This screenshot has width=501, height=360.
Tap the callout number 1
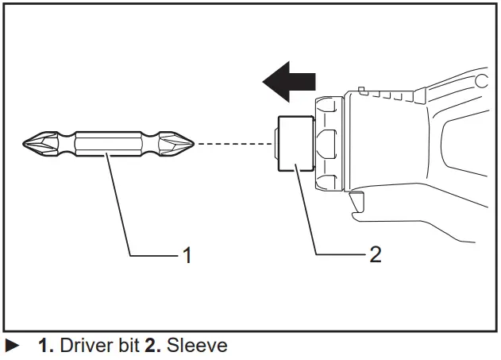click(187, 255)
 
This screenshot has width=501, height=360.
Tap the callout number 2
click(375, 254)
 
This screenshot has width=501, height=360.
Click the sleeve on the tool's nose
click(294, 144)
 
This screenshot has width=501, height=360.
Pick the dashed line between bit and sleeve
click(235, 144)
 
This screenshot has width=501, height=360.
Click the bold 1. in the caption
click(45, 346)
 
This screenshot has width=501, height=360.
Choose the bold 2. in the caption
click(152, 346)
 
